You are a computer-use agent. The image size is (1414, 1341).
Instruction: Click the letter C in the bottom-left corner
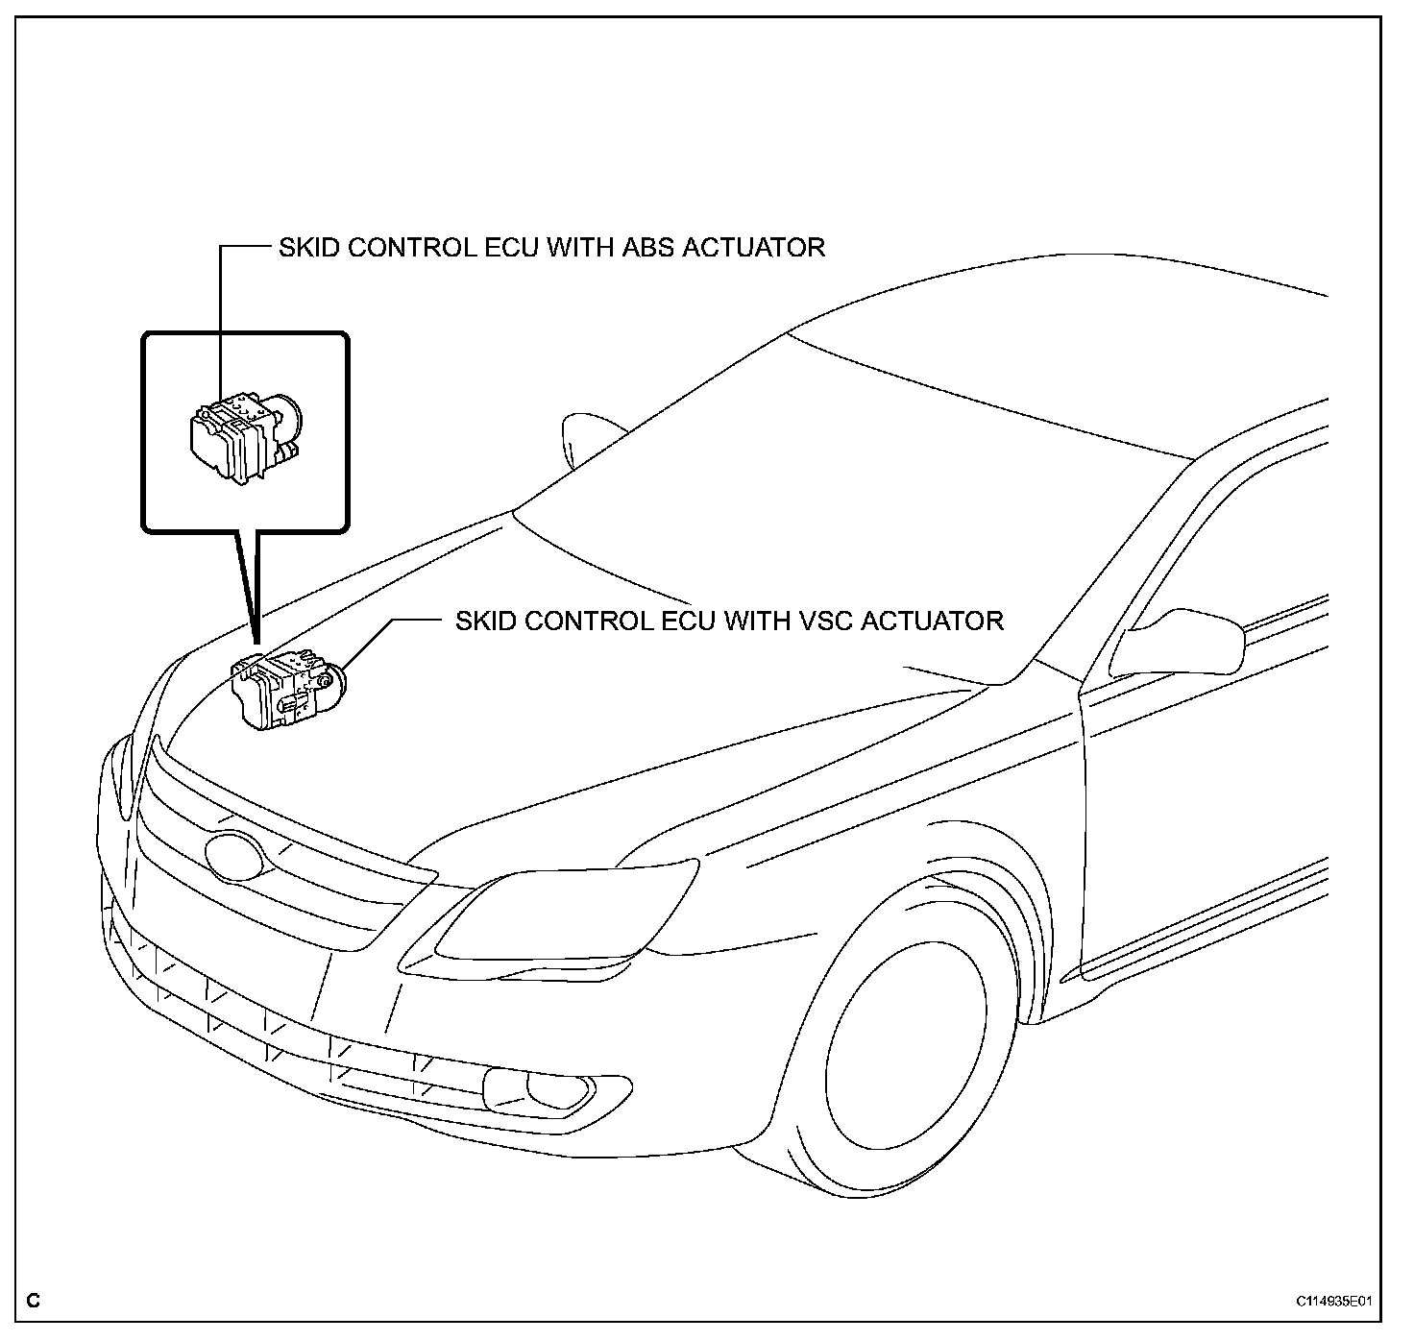[x=34, y=1303]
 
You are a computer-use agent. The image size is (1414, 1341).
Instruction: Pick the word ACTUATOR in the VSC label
[x=932, y=621]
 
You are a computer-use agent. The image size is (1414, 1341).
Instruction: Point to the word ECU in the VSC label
[x=688, y=621]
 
